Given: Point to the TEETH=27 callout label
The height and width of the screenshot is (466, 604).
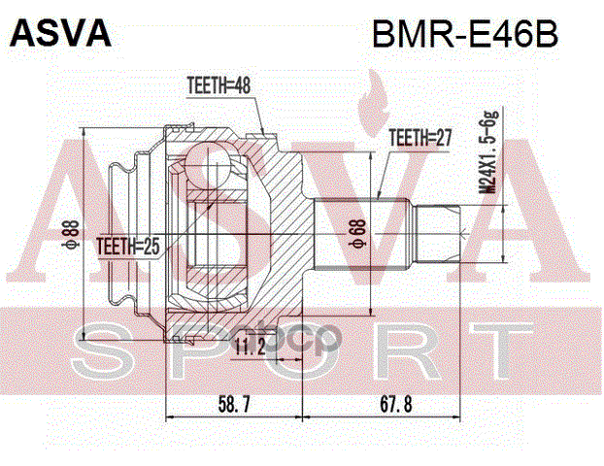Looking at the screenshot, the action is pos(420,139).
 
